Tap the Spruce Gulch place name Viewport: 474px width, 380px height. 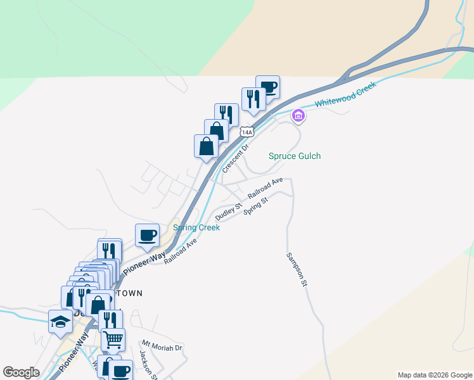click(x=295, y=156)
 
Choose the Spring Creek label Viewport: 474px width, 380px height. click(x=196, y=227)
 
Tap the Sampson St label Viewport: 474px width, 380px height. click(x=297, y=269)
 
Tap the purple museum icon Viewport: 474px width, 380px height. click(x=298, y=116)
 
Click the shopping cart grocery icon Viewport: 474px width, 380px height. click(x=113, y=340)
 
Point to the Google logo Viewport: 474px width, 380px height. click(x=21, y=372)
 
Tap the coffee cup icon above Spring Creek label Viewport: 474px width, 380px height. click(x=148, y=236)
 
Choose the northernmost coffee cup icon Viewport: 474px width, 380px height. click(x=267, y=87)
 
